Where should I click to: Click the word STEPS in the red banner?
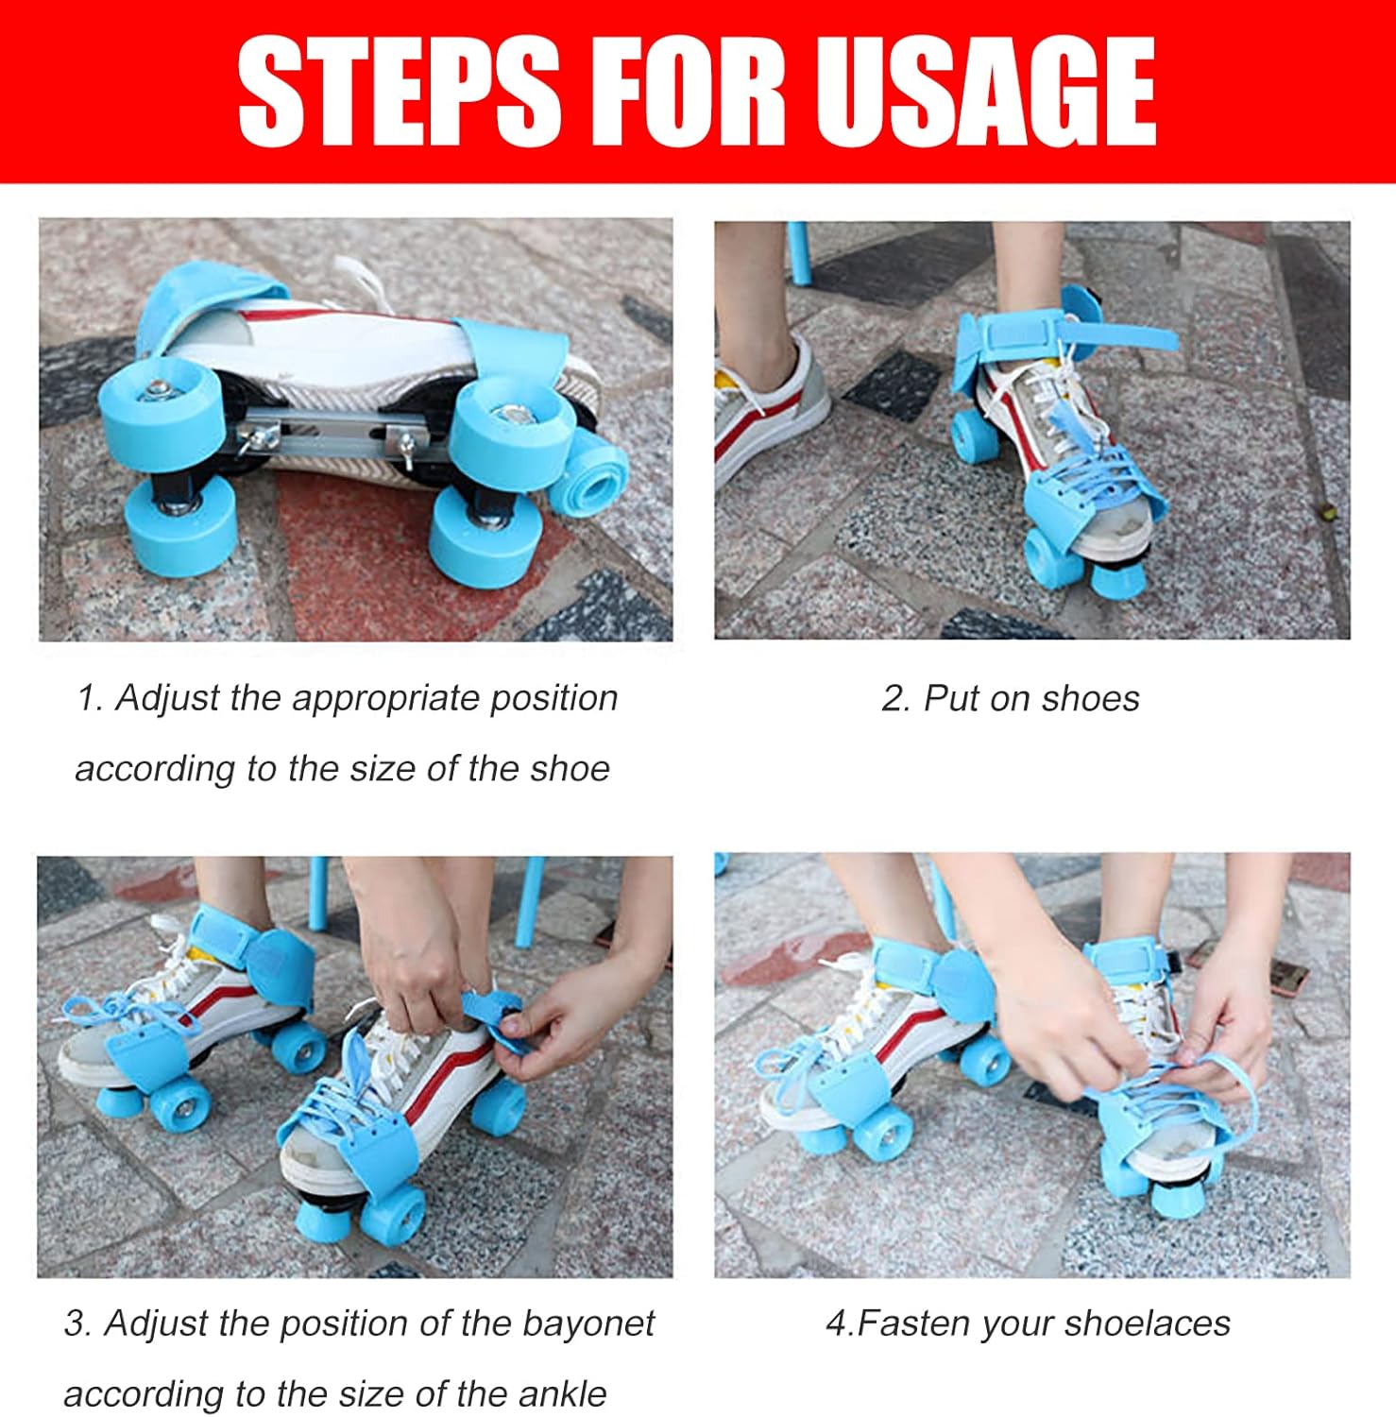pyautogui.click(x=400, y=93)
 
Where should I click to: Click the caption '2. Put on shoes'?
pyautogui.click(x=1010, y=698)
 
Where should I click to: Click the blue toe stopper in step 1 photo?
pyautogui.click(x=589, y=476)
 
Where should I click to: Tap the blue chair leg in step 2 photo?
pyautogui.click(x=798, y=253)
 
